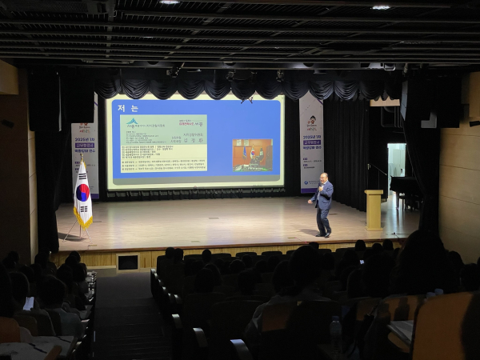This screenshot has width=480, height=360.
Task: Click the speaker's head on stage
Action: (x=324, y=178)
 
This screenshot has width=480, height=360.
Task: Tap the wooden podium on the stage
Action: (x=374, y=210)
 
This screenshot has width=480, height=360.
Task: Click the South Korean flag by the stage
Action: (x=82, y=194)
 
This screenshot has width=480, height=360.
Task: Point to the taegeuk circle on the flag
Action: (x=82, y=193)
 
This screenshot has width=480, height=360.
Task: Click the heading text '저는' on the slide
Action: (x=128, y=108)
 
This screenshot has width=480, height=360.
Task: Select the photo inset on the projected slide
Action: (x=252, y=154)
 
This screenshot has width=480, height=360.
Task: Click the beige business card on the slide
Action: (x=163, y=143)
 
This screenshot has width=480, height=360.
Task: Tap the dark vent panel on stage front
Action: (x=127, y=262)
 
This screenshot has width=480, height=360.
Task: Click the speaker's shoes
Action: (x=323, y=234)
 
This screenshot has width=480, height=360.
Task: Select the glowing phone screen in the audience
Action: (x=29, y=304)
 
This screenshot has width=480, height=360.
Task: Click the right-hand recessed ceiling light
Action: (x=381, y=7)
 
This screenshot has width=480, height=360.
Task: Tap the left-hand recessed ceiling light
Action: (x=169, y=2)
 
